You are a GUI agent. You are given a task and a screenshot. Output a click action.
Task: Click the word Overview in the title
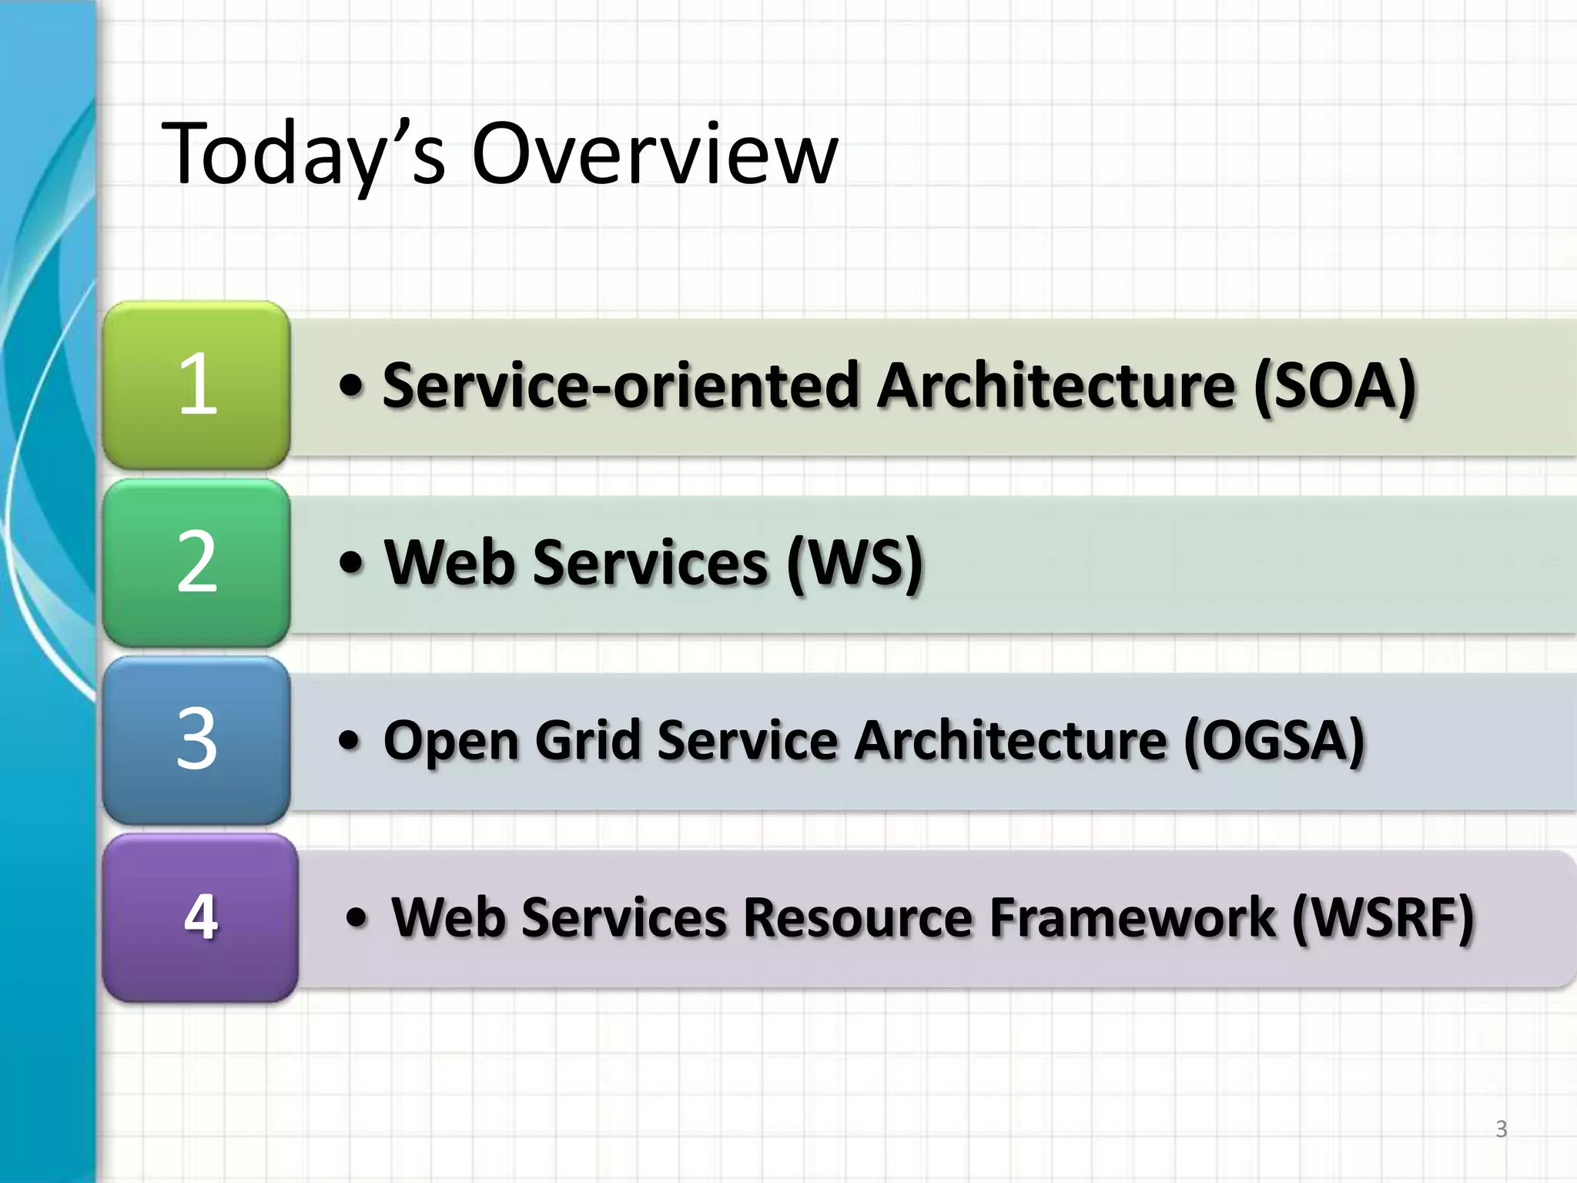(655, 154)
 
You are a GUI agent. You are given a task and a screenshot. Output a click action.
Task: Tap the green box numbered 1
(196, 384)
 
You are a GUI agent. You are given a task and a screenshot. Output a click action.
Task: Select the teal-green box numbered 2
(196, 562)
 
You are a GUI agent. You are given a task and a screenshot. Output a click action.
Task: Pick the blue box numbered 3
(196, 739)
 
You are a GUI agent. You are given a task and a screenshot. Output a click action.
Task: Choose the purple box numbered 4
(200, 917)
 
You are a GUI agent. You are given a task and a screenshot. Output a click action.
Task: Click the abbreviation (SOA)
(1334, 384)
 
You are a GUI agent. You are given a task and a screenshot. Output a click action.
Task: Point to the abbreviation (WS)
(855, 562)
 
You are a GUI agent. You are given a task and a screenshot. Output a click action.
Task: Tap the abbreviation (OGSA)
(1274, 739)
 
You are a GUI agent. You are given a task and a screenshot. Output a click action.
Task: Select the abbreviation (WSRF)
(1383, 917)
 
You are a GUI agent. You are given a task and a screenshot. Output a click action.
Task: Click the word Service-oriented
(620, 384)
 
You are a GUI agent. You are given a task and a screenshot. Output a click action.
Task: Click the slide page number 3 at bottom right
(1501, 1129)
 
